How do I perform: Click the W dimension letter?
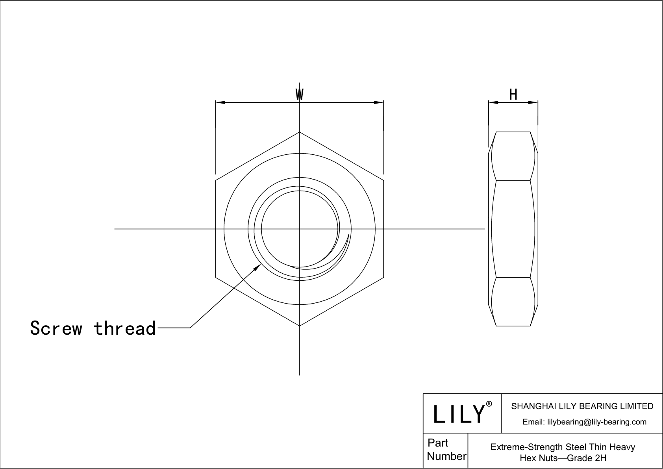pyautogui.click(x=300, y=95)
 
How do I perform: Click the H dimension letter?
pyautogui.click(x=513, y=95)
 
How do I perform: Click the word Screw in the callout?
pyautogui.click(x=56, y=328)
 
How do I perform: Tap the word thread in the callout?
pyautogui.click(x=125, y=328)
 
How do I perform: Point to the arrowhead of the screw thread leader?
pyautogui.click(x=258, y=267)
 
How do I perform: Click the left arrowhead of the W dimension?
pyautogui.click(x=220, y=103)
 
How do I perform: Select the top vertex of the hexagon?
pyautogui.click(x=300, y=132)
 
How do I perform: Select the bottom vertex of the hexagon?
pyautogui.click(x=300, y=326)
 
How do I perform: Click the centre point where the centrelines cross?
pyautogui.click(x=300, y=229)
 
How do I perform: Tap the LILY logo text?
pyautogui.click(x=459, y=414)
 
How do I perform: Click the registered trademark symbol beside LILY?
pyautogui.click(x=489, y=404)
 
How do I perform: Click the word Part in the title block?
pyautogui.click(x=438, y=443)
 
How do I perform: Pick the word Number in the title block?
pyautogui.click(x=446, y=456)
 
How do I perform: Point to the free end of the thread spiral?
pyautogui.click(x=348, y=235)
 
